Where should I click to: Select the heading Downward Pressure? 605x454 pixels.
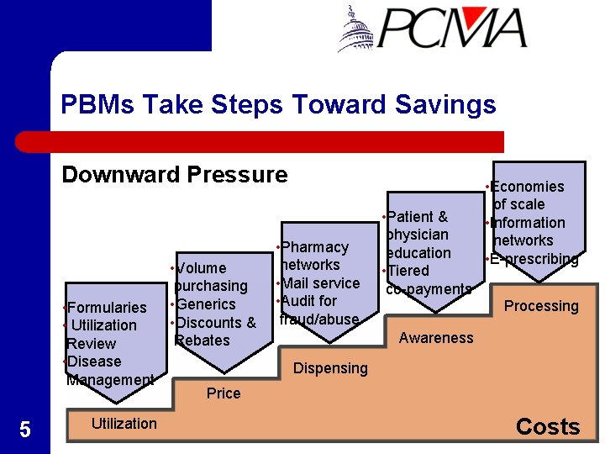[174, 174]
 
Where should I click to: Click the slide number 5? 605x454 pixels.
[24, 430]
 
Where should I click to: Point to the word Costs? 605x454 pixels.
[548, 426]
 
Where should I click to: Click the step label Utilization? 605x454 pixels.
[124, 423]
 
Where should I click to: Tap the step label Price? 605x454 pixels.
[224, 393]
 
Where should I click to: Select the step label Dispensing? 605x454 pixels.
[330, 367]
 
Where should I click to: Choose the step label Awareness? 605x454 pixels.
[436, 337]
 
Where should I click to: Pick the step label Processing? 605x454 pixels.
[541, 306]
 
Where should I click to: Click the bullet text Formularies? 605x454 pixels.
[107, 307]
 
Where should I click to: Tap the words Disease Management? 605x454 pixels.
[109, 371]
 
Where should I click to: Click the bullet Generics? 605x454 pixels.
[205, 304]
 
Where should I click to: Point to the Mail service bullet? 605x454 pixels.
[320, 282]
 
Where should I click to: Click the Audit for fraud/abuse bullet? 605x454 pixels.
[319, 309]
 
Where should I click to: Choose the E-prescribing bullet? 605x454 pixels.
[534, 259]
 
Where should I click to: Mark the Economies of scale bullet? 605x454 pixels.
[528, 195]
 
